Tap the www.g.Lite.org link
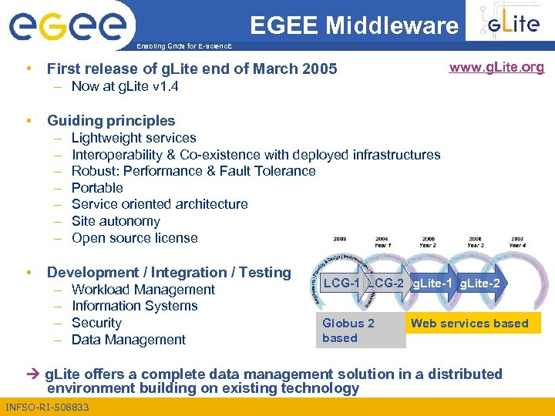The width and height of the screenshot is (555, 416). tap(496, 67)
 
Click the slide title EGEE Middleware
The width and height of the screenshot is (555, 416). tap(354, 26)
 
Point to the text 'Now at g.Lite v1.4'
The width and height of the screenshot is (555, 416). tap(125, 86)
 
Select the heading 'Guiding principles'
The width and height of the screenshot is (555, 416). tap(111, 120)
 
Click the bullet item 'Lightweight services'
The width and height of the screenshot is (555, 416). tap(133, 138)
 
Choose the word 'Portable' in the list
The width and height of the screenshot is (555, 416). tap(97, 188)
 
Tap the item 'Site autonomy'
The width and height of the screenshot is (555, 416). tap(116, 221)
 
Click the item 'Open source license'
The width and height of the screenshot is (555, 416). tap(134, 238)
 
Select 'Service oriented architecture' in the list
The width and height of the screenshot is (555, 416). tap(160, 204)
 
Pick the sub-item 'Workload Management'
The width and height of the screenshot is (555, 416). tap(143, 290)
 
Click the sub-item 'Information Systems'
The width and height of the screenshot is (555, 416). tap(134, 306)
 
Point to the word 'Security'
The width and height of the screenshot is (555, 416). tap(96, 323)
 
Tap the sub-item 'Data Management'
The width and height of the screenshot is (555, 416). tap(129, 340)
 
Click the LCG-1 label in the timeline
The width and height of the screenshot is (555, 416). tap(341, 283)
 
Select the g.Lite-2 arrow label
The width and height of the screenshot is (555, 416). tap(479, 283)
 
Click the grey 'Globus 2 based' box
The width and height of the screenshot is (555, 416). tap(360, 330)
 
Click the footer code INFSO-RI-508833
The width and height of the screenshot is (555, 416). tap(46, 407)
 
